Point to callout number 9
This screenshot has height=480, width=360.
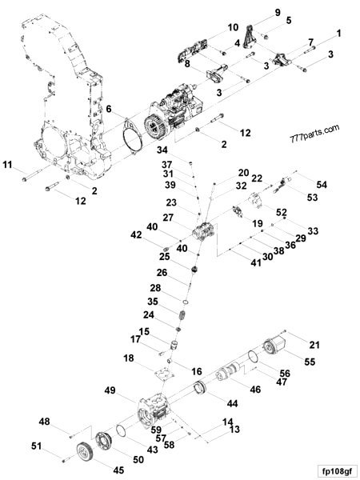(278, 12)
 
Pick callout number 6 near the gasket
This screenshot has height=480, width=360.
(109, 109)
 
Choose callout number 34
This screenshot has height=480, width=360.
(163, 150)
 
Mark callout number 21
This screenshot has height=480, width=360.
(314, 345)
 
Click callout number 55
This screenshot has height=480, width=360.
(309, 362)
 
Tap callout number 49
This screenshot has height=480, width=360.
(109, 390)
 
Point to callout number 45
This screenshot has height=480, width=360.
(118, 470)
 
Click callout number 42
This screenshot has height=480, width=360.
(136, 234)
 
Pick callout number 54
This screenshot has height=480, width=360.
(322, 184)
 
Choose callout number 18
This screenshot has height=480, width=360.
(129, 360)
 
